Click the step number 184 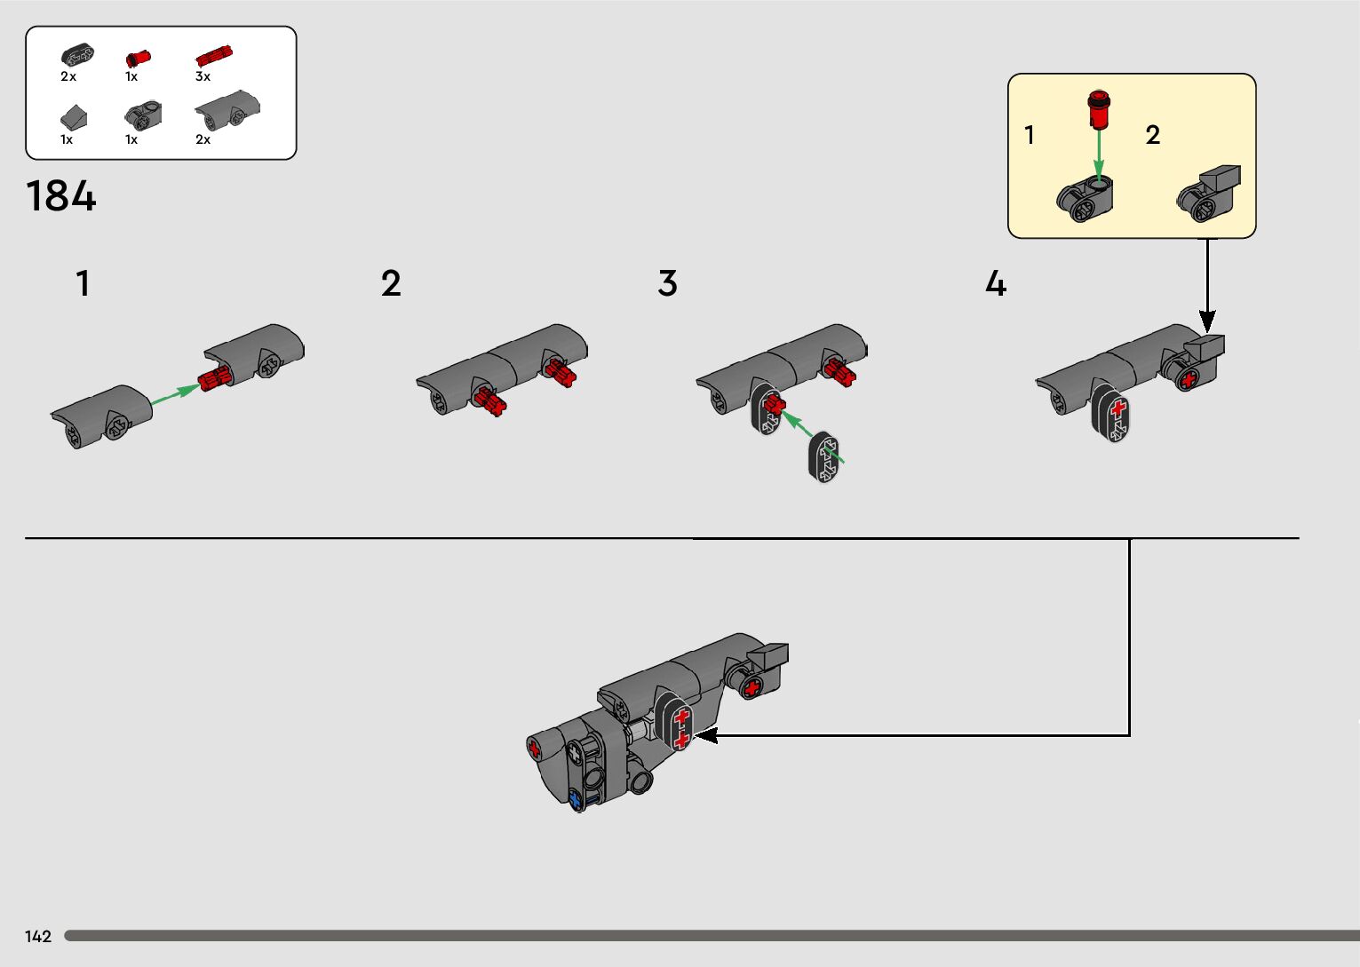click(60, 196)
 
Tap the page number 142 click(38, 936)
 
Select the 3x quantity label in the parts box click(203, 76)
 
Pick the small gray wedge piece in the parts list click(73, 116)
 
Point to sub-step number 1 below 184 click(83, 284)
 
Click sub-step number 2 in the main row click(391, 284)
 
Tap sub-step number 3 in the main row click(667, 284)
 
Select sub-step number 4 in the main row click(996, 284)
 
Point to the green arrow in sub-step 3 click(813, 436)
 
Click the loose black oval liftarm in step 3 click(824, 458)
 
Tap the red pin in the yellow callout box click(1100, 108)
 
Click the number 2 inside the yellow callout click(1152, 135)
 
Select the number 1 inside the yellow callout click(1029, 135)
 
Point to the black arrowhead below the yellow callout click(1207, 321)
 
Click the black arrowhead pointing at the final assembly click(706, 735)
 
